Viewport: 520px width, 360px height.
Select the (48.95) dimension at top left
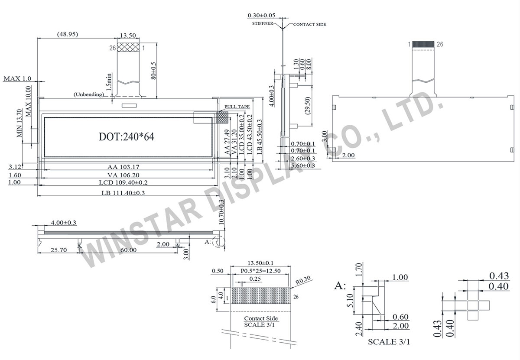(x=67, y=34)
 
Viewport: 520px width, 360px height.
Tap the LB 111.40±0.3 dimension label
(x=123, y=193)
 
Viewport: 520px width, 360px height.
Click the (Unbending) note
(x=88, y=94)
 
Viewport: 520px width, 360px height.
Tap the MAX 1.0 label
(x=17, y=78)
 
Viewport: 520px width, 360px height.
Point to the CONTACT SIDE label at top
(x=309, y=25)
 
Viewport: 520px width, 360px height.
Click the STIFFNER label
(x=262, y=24)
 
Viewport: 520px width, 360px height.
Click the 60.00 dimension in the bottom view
(x=128, y=250)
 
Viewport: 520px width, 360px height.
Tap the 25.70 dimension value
(x=58, y=250)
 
